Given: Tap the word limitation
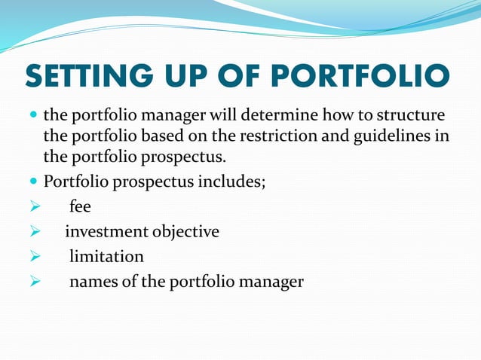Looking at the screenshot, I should pyautogui.click(x=106, y=257).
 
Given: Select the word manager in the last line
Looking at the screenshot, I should pyautogui.click(x=269, y=282).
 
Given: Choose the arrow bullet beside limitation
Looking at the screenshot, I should pyautogui.click(x=33, y=258).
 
